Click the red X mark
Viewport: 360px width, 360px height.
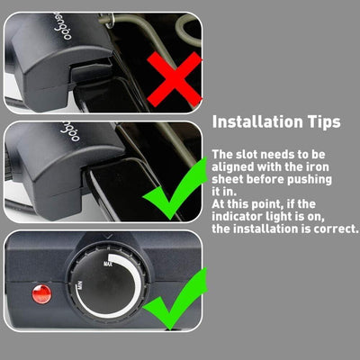tap(175, 79)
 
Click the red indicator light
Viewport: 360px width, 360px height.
tap(41, 294)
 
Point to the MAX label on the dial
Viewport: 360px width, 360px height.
tap(108, 264)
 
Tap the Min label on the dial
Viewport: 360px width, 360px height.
tap(80, 284)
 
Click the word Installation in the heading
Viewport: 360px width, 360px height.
tap(257, 121)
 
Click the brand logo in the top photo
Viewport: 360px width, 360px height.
tap(62, 28)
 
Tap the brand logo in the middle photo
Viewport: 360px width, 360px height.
tap(69, 131)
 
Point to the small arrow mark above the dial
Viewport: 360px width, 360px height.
tap(109, 237)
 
